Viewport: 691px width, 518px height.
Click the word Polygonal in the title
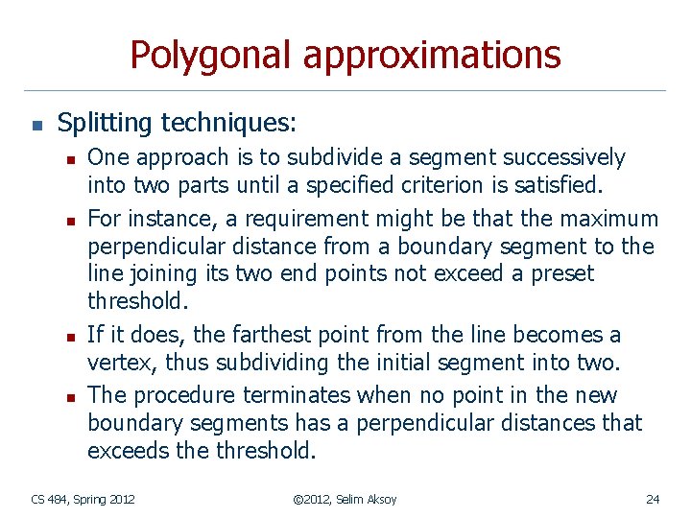[210, 56]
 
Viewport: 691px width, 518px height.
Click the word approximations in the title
[431, 56]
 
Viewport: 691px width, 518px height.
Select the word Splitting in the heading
[105, 123]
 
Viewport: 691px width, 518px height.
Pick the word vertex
[116, 363]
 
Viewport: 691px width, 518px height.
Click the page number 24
[653, 499]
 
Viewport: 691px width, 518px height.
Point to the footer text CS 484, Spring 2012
[83, 499]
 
